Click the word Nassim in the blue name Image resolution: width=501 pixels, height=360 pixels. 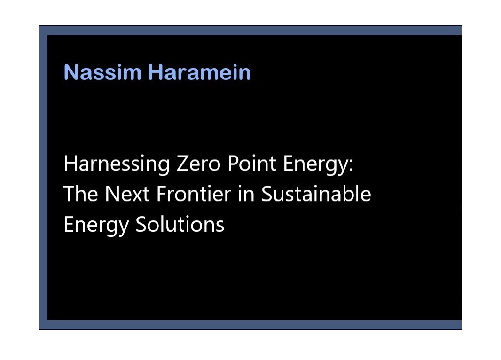click(x=102, y=72)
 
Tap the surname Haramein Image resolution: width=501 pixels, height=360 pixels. click(x=199, y=72)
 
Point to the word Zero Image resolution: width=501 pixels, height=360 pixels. click(x=198, y=164)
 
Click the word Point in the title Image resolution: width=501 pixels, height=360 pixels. click(x=252, y=164)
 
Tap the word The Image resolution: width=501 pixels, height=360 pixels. click(x=80, y=194)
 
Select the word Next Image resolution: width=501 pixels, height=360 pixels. click(x=127, y=194)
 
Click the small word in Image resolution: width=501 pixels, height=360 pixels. click(x=246, y=194)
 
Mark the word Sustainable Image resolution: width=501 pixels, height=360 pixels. click(x=316, y=194)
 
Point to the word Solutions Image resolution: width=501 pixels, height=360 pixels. click(x=180, y=224)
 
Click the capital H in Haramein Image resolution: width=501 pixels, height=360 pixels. click(x=156, y=72)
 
